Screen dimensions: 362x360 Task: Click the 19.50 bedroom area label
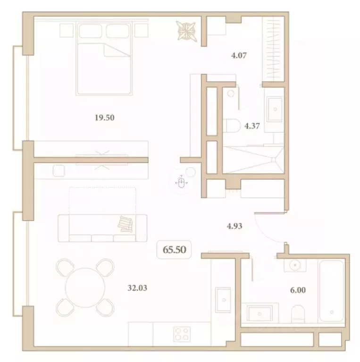coord(105,118)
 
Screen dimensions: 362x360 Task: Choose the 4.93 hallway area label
coord(234,226)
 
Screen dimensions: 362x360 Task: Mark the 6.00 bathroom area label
coord(297,290)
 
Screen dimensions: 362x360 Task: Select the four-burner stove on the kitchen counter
coord(181,334)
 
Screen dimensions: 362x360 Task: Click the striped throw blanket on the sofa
coord(126,223)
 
